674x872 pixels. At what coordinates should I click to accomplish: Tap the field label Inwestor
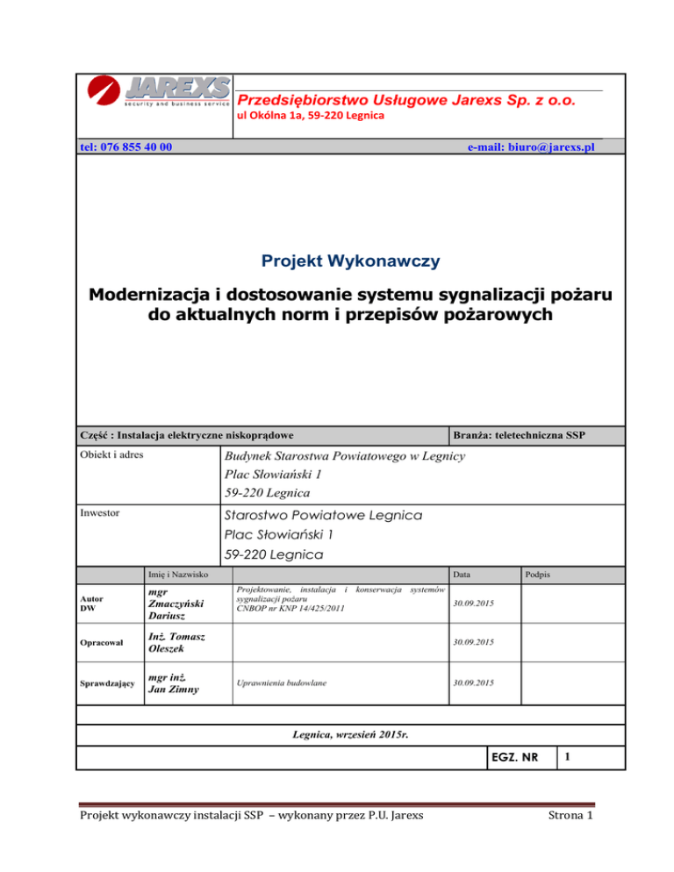(x=101, y=511)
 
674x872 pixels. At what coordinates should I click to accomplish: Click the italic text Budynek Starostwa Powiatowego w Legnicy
(x=345, y=456)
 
